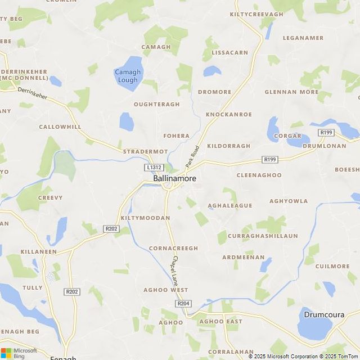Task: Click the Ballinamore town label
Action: (x=175, y=178)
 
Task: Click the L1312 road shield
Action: (x=154, y=168)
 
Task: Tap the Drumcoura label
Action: (x=323, y=314)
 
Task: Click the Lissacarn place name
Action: (x=229, y=53)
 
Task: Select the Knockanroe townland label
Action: (x=229, y=114)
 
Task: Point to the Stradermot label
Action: (x=146, y=151)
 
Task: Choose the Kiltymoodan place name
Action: (x=145, y=218)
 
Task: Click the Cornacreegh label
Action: (x=174, y=248)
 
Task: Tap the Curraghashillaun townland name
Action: (x=263, y=236)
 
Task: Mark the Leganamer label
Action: (x=303, y=38)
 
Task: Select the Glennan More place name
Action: (x=291, y=92)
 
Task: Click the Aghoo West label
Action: (x=166, y=290)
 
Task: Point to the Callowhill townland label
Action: (x=60, y=127)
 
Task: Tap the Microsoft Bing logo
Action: (x=19, y=353)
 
